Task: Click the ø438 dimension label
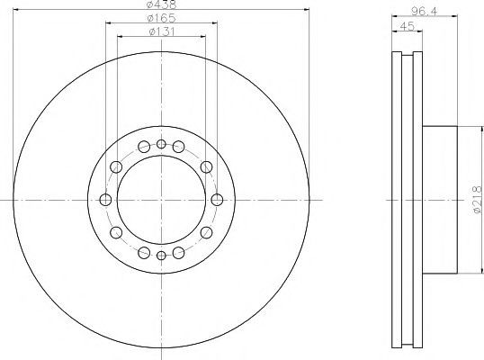click(161, 4)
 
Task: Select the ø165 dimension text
click(161, 18)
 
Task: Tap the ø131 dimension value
click(162, 31)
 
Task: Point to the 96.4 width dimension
click(425, 12)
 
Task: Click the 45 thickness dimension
click(407, 26)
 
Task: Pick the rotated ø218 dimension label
click(477, 200)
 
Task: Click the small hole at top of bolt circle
click(161, 144)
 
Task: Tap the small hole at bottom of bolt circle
click(161, 256)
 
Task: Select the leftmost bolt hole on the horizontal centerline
click(105, 200)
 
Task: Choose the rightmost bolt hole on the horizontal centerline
click(217, 200)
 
